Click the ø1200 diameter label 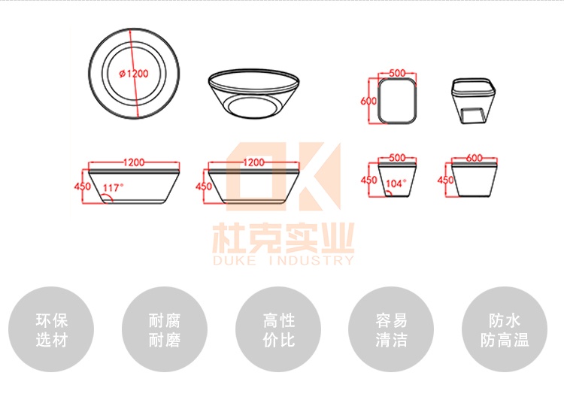134,74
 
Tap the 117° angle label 113,188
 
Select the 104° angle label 396,183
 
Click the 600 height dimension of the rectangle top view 368,101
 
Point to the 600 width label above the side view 474,158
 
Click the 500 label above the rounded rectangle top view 397,73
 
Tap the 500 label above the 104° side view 397,158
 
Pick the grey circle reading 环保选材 51,329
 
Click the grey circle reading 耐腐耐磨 165,329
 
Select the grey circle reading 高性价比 278,329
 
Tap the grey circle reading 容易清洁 391,329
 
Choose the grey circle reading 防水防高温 505,329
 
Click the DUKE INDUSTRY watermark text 284,260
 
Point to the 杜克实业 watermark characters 284,238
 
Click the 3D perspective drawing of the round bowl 254,93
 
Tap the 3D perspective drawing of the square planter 474,101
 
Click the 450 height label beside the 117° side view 83,186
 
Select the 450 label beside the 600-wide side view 445,180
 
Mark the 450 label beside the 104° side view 368,180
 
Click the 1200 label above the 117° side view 134,162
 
